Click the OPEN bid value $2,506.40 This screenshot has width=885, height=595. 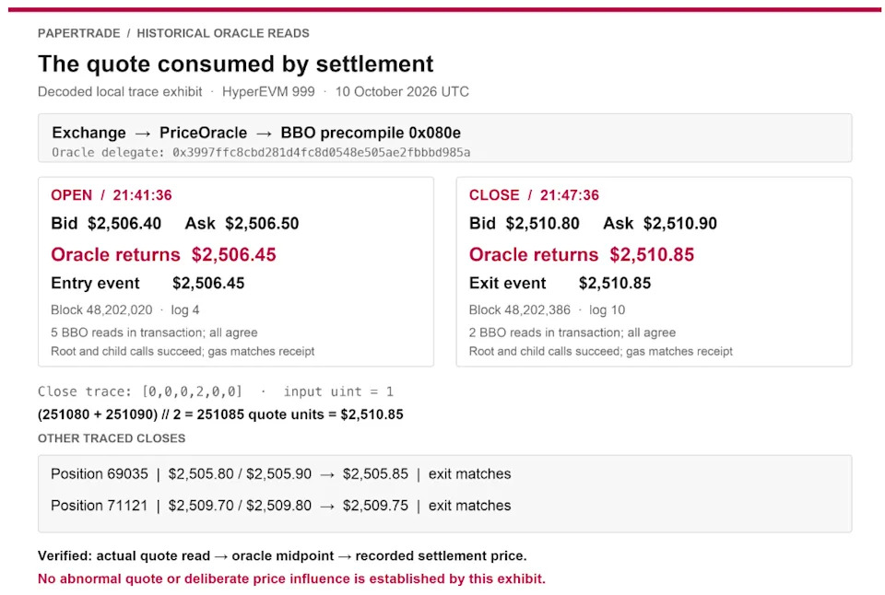coord(124,223)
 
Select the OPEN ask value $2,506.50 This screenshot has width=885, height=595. coord(262,223)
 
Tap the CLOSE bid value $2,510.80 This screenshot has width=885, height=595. coord(542,223)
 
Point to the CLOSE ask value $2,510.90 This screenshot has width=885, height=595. coord(680,223)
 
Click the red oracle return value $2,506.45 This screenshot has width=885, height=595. coord(233,254)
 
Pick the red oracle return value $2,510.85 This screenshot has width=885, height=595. coord(652,254)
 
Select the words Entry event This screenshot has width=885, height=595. coord(95,283)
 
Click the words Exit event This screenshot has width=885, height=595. coord(507,283)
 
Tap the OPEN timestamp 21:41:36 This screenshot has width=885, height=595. coord(142,195)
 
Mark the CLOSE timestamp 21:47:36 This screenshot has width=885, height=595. coord(570,195)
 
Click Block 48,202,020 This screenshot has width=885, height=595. coord(101,309)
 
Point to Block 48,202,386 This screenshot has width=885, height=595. coord(520,309)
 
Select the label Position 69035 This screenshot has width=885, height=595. coord(100,473)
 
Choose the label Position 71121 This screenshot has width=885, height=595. coord(100,506)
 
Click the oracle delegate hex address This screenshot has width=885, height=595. coord(321,152)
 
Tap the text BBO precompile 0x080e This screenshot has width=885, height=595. coord(371,133)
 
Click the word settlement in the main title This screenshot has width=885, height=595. coord(375,64)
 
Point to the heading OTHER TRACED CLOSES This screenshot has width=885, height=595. coord(112,438)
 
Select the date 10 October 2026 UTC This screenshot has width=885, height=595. coord(402,91)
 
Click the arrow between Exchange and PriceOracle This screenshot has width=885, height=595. coord(143,134)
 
